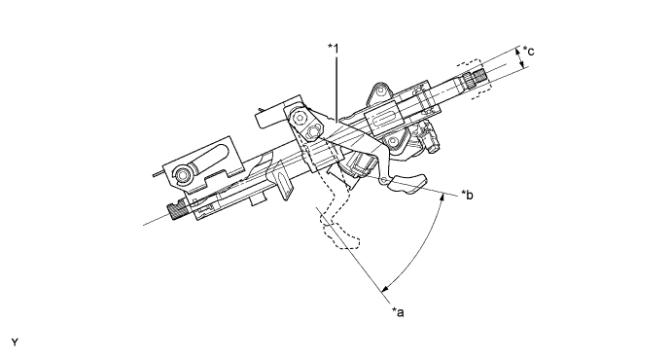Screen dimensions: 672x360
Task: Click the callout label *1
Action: click(334, 49)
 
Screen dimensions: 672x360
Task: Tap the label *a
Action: click(398, 312)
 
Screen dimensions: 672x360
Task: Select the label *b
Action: click(467, 195)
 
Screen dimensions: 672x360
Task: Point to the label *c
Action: click(528, 52)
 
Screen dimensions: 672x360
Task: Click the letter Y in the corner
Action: click(15, 342)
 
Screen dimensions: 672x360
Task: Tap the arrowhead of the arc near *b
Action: click(442, 197)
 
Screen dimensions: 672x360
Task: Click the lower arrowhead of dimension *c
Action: click(522, 65)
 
